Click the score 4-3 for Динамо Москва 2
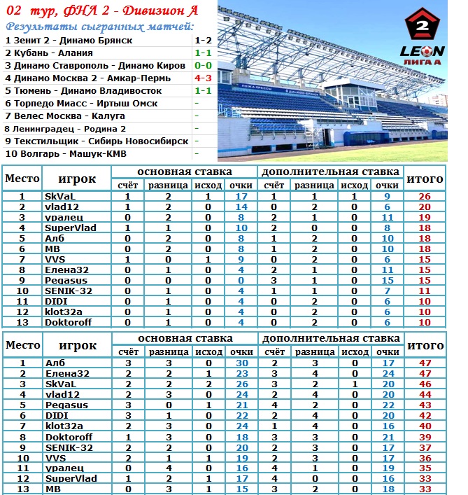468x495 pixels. coord(203,78)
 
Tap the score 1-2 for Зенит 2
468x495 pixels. coord(203,40)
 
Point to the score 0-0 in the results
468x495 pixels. coord(203,65)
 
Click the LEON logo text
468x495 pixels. coord(422,50)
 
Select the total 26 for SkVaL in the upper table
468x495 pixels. coord(425,197)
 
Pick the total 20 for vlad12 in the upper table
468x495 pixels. coord(425,207)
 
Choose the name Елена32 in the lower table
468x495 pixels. coord(67,374)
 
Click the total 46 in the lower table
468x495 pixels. coord(425,384)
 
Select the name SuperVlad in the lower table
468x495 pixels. coord(71,478)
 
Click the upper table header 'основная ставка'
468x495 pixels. coord(185,172)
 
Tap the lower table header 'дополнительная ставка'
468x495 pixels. coord(331,338)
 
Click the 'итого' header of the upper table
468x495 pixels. coord(425,179)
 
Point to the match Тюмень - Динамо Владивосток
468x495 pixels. coord(83,90)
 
